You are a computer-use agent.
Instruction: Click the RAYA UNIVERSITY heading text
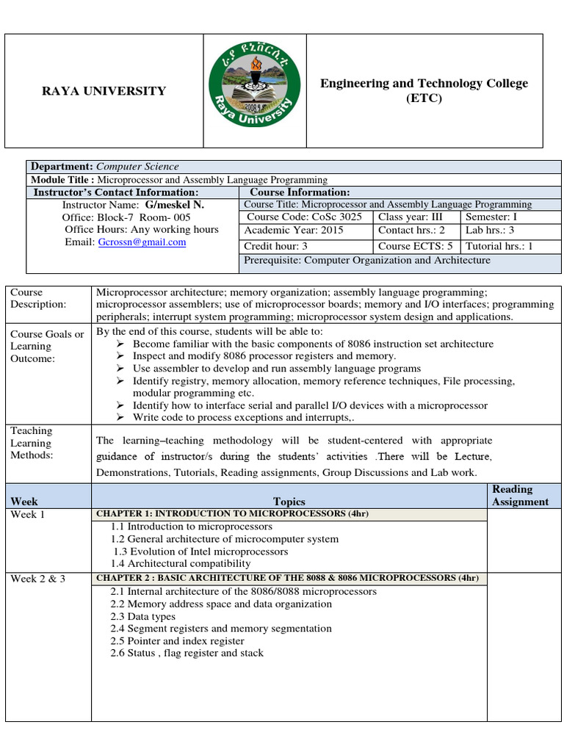tap(104, 91)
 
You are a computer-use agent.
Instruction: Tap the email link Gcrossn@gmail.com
tap(142, 242)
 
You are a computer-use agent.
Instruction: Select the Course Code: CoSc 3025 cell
tap(304, 217)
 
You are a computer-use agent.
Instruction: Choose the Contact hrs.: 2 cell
tap(411, 230)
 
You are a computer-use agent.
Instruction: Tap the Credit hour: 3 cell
tap(275, 247)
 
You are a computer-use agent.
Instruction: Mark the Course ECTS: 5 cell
tap(415, 247)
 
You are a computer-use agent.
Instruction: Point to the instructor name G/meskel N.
tap(174, 204)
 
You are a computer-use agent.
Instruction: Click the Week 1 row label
tap(28, 514)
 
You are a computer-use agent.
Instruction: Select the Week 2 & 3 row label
tap(38, 579)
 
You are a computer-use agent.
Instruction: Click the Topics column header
tap(289, 502)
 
